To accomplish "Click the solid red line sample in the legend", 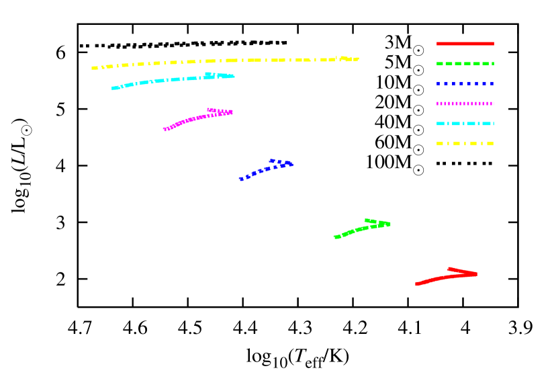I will (x=465, y=44).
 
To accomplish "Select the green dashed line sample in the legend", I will (x=465, y=64).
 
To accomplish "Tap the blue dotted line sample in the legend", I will (x=465, y=84).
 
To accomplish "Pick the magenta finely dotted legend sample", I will (x=465, y=103).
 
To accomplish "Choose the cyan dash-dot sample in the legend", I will (x=465, y=124).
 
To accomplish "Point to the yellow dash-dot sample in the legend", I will (x=465, y=144).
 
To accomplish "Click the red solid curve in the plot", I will (x=443, y=277).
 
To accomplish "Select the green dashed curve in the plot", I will (x=359, y=230).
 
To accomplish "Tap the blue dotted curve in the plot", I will (x=261, y=171).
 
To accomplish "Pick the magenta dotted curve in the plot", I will (x=195, y=118).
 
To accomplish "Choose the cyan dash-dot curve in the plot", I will (x=168, y=80).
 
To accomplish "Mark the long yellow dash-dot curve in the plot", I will (x=222, y=61).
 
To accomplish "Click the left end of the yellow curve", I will (x=93, y=68).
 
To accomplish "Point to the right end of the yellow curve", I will (x=357, y=59).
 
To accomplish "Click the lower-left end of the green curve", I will (x=336, y=236).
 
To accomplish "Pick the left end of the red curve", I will (x=417, y=284).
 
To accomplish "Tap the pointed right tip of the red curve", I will (x=476, y=273).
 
